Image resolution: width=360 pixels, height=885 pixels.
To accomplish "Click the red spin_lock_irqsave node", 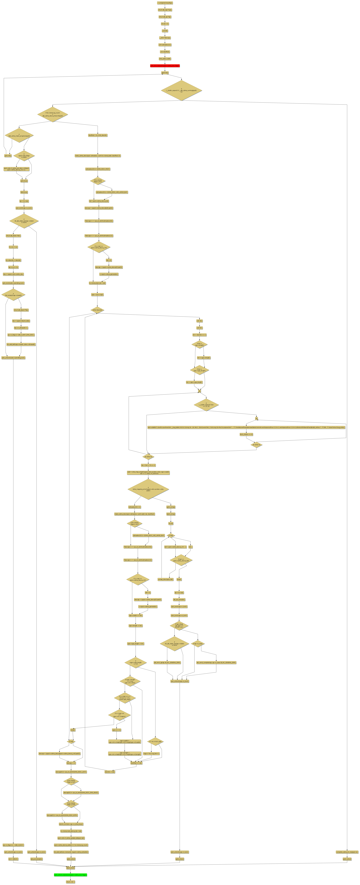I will click(165, 66).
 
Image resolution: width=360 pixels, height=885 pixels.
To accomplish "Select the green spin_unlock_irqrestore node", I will click(70, 875).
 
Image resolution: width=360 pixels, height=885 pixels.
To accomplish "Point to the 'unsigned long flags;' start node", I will click(165, 3).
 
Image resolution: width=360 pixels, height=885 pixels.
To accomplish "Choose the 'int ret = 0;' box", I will click(165, 24).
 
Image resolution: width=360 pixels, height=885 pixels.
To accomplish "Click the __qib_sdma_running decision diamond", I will click(181, 90).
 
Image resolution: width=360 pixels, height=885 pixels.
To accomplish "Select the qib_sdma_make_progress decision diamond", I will click(19, 135).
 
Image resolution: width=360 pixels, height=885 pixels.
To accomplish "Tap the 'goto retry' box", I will click(8, 156).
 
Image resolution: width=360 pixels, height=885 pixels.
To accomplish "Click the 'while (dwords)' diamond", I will click(97, 310).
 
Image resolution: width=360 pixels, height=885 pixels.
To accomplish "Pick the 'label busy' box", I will click(24, 192).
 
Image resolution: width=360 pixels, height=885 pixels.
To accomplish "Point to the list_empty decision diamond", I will click(13, 294).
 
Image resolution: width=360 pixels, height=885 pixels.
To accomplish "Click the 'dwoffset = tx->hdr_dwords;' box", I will click(98, 135).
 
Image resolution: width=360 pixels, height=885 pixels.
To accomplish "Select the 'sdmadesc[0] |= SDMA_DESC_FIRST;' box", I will click(98, 169).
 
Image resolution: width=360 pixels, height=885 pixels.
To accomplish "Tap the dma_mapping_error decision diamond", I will click(148, 489).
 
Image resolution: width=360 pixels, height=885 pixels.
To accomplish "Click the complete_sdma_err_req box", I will click(347, 852).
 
